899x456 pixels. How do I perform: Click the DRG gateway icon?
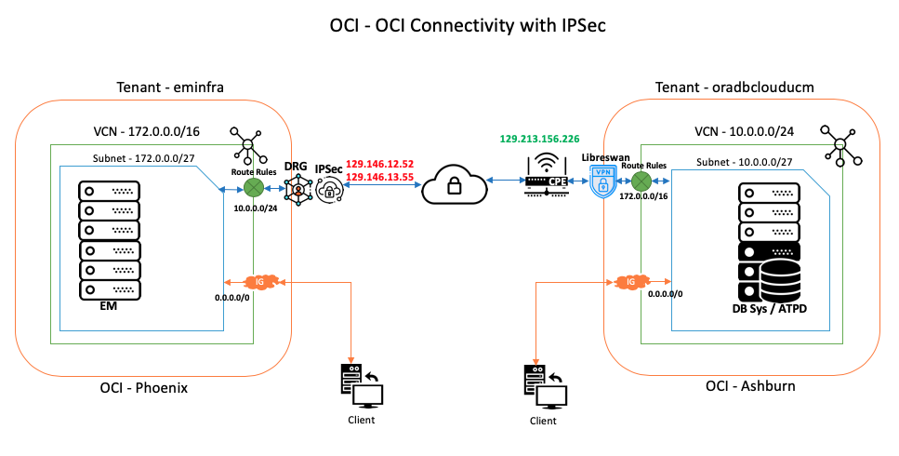(x=298, y=190)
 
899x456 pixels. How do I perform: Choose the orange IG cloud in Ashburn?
(x=632, y=280)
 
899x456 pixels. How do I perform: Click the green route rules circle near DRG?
(x=253, y=189)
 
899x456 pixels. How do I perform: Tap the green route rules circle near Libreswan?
(x=641, y=180)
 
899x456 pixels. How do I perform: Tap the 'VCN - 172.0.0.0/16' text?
(x=149, y=130)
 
